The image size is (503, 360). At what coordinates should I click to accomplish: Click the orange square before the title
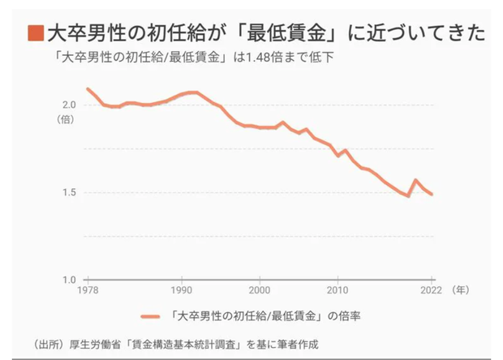point(35,33)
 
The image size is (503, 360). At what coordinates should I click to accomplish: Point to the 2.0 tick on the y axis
point(69,105)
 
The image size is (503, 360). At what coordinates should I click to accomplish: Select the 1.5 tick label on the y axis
point(69,192)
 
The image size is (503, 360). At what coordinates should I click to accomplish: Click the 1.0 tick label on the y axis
point(69,280)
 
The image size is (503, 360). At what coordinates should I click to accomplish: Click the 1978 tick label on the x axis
point(88,290)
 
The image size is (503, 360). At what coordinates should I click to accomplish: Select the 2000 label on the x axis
point(260,290)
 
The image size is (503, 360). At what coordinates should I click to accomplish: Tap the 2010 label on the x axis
point(337,290)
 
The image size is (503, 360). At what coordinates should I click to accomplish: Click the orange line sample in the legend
point(152,315)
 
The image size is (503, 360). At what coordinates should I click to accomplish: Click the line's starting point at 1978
point(88,88)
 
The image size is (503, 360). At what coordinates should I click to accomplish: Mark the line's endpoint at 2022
point(432,195)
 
